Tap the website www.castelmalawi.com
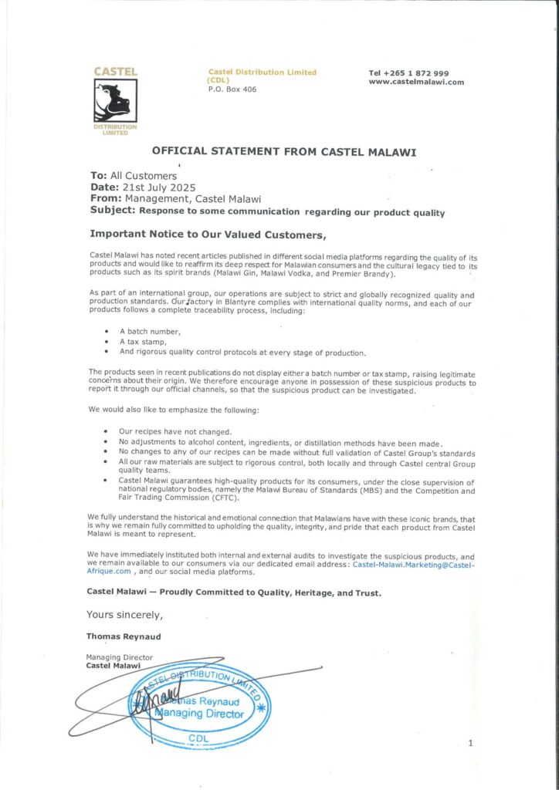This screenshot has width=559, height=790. tap(416, 82)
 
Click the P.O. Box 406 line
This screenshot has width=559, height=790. tap(232, 89)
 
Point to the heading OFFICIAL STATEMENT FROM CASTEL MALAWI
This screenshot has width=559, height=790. tap(284, 152)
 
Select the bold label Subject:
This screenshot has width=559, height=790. tap(113, 210)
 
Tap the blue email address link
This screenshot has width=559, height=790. tap(414, 565)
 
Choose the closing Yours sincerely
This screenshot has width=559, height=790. tap(124, 615)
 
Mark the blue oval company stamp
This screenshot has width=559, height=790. tap(199, 702)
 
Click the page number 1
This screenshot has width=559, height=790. tap(469, 742)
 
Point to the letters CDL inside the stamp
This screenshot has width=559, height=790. tap(198, 738)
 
